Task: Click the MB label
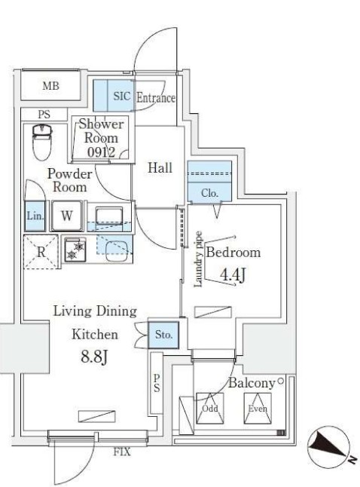(x=51, y=86)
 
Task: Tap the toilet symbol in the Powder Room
(x=42, y=142)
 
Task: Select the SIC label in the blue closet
(x=122, y=96)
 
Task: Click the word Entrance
(x=156, y=98)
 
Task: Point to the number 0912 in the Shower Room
(x=101, y=152)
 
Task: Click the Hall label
(x=160, y=167)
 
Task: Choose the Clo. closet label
(x=210, y=193)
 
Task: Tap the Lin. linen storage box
(x=35, y=216)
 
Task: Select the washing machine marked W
(x=67, y=216)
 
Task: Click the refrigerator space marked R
(x=41, y=252)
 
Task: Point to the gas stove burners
(x=75, y=250)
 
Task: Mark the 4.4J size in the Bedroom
(x=233, y=274)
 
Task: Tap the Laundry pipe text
(x=198, y=259)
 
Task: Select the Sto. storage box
(x=163, y=335)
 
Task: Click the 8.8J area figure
(x=94, y=357)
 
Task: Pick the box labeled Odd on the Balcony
(x=210, y=408)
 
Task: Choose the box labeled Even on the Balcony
(x=258, y=408)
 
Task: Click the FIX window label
(x=122, y=452)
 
